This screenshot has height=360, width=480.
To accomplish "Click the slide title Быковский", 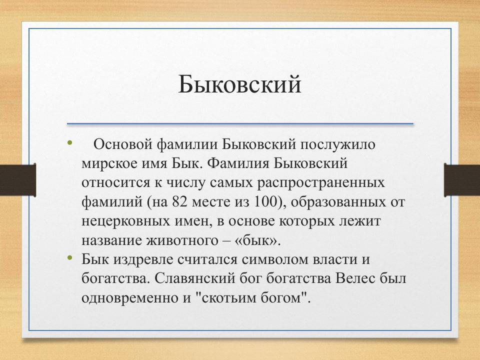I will coord(240,84).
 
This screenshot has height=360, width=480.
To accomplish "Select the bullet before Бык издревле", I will coord(69,258).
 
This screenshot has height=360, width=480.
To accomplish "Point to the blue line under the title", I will coord(240,123).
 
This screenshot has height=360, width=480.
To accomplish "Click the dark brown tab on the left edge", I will coord(17,180).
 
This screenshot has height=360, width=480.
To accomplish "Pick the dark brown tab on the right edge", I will coord(462,180).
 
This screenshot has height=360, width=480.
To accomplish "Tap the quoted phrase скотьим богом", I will coord(248,297).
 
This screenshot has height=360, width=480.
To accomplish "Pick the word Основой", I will coord(122,144).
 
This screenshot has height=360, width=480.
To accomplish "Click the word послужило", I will coord(337,144).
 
